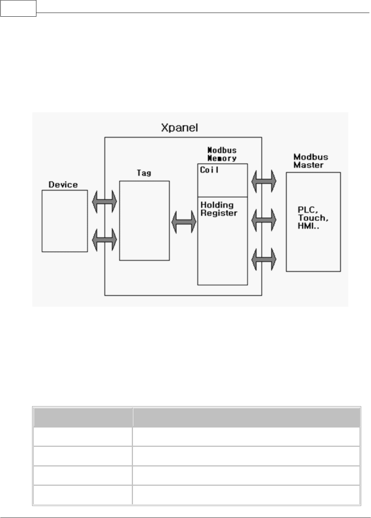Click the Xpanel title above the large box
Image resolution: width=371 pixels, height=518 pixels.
click(179, 128)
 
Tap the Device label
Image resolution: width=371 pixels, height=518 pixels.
click(63, 185)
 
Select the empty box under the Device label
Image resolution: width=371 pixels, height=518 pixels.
click(65, 221)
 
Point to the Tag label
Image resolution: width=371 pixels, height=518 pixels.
click(144, 173)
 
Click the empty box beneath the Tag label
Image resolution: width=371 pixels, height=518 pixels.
click(144, 221)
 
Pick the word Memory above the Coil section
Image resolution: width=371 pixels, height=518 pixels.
click(222, 158)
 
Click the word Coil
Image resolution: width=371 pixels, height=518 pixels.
click(209, 170)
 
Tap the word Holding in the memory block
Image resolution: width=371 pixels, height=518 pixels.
click(217, 205)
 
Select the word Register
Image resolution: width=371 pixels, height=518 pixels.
click(219, 213)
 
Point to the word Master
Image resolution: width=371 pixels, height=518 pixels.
click(308, 165)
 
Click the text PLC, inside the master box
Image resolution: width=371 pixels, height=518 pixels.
click(306, 210)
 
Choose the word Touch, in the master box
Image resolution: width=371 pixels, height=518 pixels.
click(313, 218)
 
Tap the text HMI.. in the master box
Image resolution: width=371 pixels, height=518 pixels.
click(308, 225)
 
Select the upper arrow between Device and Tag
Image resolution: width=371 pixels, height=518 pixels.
click(104, 202)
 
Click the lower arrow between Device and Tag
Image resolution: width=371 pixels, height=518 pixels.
click(104, 240)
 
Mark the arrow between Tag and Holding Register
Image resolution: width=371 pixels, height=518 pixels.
click(183, 222)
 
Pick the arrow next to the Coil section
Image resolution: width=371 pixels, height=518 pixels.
click(264, 181)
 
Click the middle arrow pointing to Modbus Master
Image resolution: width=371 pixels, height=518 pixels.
click(264, 221)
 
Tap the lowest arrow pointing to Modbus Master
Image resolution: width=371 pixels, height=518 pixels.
click(264, 259)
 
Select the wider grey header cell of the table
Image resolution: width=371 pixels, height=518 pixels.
click(246, 418)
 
